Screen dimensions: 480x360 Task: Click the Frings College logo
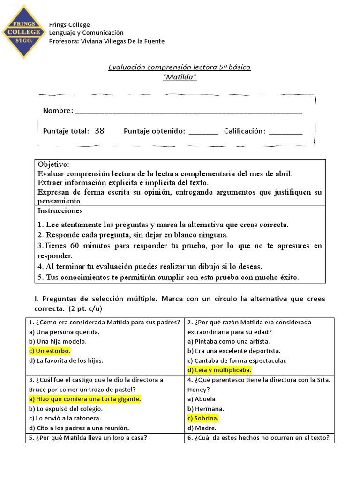(x=23, y=32)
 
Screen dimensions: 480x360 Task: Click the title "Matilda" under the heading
(x=180, y=77)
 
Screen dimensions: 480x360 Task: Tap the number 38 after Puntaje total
(x=99, y=131)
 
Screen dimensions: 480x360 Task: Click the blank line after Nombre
(x=188, y=112)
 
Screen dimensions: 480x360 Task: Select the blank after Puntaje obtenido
(x=203, y=132)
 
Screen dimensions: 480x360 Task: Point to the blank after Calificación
(x=285, y=132)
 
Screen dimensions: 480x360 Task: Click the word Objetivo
(x=53, y=165)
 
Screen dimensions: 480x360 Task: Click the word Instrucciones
(x=60, y=211)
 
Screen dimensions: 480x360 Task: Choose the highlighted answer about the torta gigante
(x=85, y=399)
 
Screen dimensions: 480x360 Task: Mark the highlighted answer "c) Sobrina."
(x=203, y=418)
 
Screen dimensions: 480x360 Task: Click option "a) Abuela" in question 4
(x=202, y=399)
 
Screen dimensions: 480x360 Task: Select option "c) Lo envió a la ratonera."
(x=65, y=418)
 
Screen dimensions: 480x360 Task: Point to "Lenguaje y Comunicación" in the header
(x=86, y=33)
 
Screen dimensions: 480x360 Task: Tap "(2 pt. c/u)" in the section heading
(x=85, y=309)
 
